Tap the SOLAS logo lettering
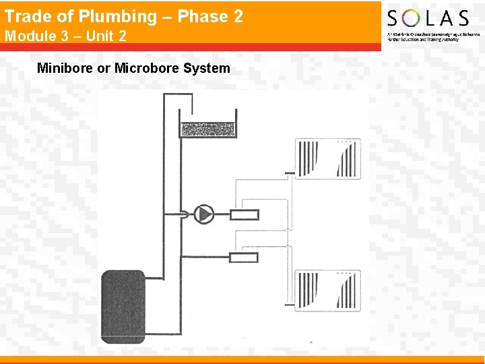[428, 18]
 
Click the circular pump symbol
[203, 214]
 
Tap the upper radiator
[327, 159]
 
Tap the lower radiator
[327, 291]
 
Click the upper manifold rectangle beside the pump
[244, 215]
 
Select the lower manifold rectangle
[244, 257]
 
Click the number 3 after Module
[58, 36]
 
